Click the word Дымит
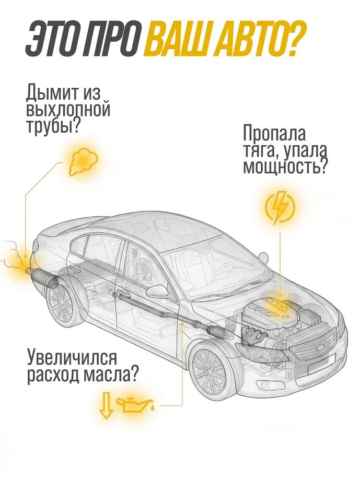point(50,91)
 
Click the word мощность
point(281,166)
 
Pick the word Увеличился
point(72,358)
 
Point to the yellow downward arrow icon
point(106,405)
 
